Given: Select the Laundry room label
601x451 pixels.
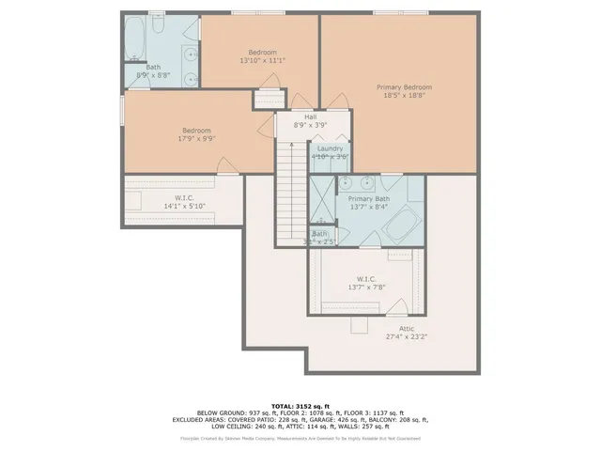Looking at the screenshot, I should point(330,148).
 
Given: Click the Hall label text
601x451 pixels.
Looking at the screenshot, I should point(310,117).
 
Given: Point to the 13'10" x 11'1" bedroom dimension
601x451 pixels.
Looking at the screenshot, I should point(262,60).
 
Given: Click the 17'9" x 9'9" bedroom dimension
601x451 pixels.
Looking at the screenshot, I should point(196,138).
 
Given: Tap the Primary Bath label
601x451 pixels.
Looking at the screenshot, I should point(368,199).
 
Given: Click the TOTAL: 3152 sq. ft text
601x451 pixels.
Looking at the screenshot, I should point(300,405).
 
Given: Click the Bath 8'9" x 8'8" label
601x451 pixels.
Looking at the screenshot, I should point(153,70).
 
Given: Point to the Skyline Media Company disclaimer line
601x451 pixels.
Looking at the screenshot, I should point(300,438).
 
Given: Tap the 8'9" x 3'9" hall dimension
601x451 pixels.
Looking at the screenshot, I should point(310,125).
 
